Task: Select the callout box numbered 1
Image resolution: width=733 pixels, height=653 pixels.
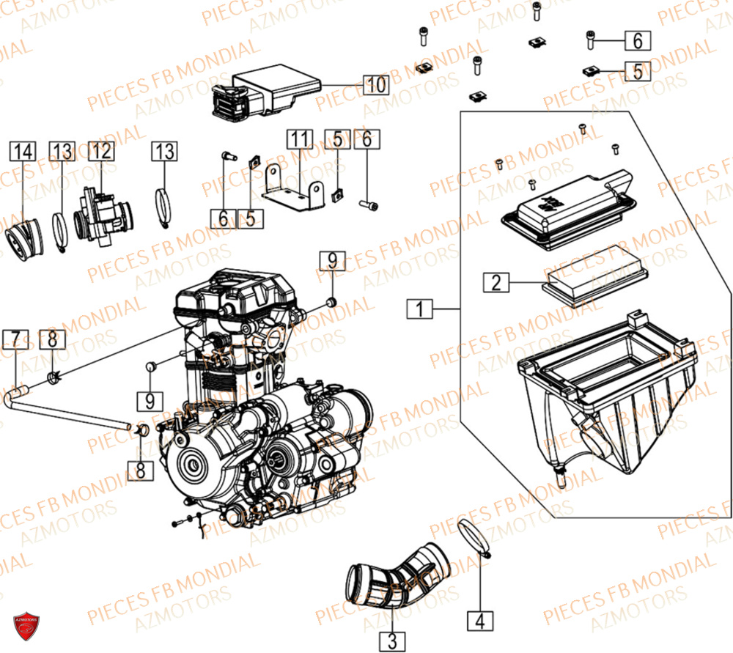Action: pyautogui.click(x=419, y=310)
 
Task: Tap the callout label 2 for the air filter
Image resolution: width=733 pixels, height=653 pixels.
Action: pyautogui.click(x=496, y=282)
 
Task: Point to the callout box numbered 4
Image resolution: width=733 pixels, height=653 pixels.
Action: pyautogui.click(x=480, y=621)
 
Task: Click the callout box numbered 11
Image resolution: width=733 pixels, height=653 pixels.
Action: pyautogui.click(x=299, y=139)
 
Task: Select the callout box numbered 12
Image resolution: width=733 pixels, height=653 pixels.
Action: pyautogui.click(x=102, y=152)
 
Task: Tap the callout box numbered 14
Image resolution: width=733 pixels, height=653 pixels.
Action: pyautogui.click(x=22, y=152)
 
